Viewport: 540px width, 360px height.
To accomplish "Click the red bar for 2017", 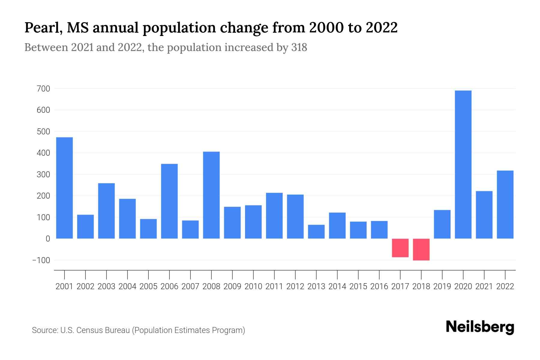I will click(x=400, y=248).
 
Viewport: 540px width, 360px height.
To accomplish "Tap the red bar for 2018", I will click(x=421, y=249).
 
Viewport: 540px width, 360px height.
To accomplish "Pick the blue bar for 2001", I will click(x=64, y=188).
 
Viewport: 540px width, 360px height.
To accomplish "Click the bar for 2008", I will click(x=211, y=195).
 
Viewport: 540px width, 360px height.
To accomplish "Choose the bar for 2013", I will click(x=316, y=232).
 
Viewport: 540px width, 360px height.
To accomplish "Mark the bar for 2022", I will click(x=505, y=205).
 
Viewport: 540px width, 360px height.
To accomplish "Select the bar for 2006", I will click(x=169, y=201).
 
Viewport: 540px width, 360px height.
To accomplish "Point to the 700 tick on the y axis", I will click(x=43, y=89).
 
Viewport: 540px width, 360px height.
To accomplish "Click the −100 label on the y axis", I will click(x=41, y=260).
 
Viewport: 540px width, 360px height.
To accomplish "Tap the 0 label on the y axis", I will click(x=48, y=239).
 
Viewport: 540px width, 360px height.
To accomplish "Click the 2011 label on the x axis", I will click(x=274, y=286).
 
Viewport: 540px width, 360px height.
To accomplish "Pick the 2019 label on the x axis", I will click(x=442, y=286).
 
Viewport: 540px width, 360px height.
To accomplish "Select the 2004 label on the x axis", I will click(x=127, y=286).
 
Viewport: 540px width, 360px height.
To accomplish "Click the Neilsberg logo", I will click(x=480, y=327).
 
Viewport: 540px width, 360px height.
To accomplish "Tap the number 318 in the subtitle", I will click(x=299, y=47).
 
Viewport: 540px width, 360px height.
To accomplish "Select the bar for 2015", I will click(x=358, y=230).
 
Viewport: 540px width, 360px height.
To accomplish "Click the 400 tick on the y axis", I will click(x=43, y=153).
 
